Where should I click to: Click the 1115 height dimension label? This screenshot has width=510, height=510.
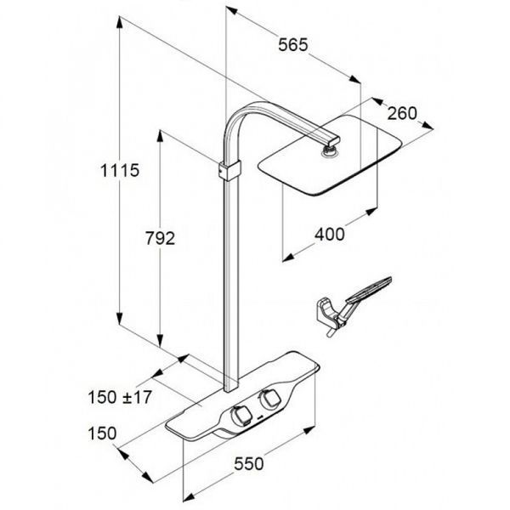pos(120,171)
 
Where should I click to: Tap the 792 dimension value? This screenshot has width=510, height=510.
pos(160,238)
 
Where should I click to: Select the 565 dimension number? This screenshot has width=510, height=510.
pos(292,44)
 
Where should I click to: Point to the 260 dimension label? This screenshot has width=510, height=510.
pos(402,113)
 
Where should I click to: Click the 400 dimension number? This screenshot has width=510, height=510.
pos(329,235)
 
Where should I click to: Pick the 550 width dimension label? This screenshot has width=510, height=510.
pos(249,463)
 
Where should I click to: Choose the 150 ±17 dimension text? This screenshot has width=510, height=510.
pos(120,397)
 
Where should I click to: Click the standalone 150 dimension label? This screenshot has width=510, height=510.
pos(102,433)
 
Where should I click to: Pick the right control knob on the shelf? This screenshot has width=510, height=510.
pos(269,398)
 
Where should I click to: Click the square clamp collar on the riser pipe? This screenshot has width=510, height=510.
pos(230,171)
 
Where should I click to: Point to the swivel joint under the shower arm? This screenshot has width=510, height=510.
pos(329,151)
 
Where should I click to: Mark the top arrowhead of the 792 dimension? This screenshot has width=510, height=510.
pos(160,136)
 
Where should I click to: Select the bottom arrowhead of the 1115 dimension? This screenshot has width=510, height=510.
pos(120,319)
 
